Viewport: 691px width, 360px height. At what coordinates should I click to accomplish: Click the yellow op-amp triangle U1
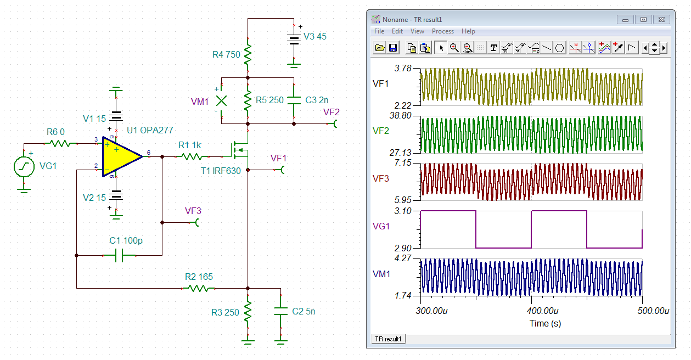tap(120, 157)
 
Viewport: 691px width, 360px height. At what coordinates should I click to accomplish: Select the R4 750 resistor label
tap(226, 54)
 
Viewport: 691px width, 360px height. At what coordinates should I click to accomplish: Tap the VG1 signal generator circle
tap(24, 167)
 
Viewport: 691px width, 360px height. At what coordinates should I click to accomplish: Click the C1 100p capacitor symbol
tap(120, 255)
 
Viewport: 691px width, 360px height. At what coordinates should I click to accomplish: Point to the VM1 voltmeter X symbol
tap(222, 101)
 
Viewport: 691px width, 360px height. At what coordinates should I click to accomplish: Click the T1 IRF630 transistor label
tap(221, 171)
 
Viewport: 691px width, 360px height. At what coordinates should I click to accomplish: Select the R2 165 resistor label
tap(199, 277)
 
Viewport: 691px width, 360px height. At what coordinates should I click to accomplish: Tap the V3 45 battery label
tap(315, 36)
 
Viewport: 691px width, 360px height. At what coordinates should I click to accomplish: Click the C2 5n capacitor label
tap(304, 312)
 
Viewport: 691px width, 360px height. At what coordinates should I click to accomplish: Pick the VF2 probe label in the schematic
tap(332, 112)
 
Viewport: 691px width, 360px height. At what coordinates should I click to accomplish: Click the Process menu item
tap(443, 31)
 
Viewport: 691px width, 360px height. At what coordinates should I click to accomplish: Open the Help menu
tap(468, 31)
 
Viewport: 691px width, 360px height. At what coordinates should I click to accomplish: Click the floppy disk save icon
tap(393, 48)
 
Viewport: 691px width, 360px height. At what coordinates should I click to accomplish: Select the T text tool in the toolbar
tap(493, 48)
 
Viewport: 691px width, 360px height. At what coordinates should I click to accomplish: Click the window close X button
tap(661, 20)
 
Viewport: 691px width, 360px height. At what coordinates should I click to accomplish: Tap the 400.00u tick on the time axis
tap(543, 311)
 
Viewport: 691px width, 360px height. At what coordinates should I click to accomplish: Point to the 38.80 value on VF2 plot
tap(401, 116)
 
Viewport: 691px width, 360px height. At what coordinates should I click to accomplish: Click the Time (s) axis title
tap(545, 324)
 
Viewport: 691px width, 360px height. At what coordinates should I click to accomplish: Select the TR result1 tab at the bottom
tap(388, 339)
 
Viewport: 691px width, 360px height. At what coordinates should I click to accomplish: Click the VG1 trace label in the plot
tap(381, 227)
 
